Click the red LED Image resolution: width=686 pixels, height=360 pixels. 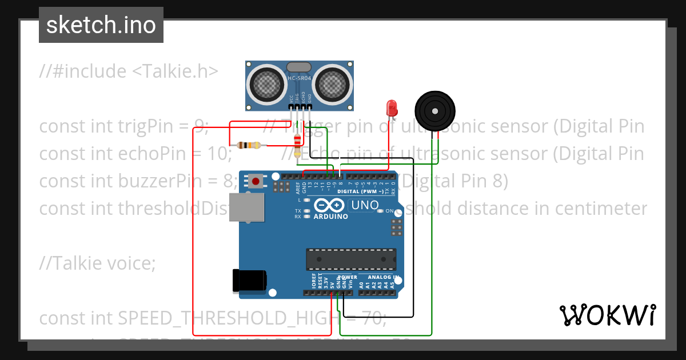392,107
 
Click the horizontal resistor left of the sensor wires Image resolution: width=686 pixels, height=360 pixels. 247,145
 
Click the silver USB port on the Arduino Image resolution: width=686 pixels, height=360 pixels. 247,207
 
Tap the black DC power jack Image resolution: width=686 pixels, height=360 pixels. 249,281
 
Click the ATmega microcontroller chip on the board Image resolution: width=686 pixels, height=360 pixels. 351,259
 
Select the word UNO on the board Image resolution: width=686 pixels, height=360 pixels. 365,205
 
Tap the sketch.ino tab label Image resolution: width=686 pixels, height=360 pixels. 101,25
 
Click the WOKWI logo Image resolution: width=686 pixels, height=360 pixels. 607,315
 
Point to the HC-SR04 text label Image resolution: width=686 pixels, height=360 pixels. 300,78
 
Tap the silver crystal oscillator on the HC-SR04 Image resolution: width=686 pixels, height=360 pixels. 300,67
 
